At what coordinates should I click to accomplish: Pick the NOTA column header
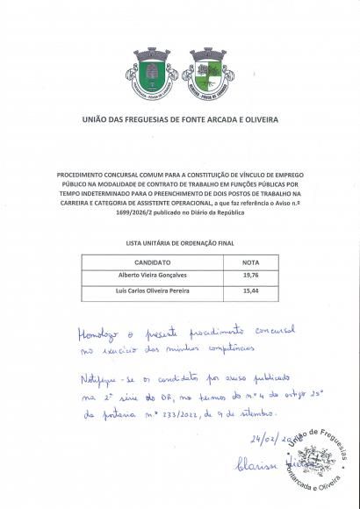pyautogui.click(x=249, y=262)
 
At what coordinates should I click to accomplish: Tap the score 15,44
pyautogui.click(x=249, y=290)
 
